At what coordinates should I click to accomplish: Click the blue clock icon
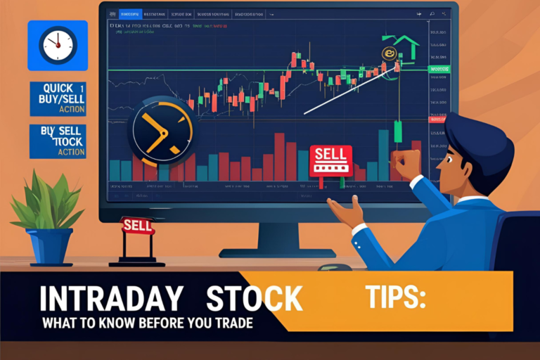coord(58,45)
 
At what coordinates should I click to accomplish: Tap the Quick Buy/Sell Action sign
coord(58,98)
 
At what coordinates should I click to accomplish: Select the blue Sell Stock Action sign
coord(58,141)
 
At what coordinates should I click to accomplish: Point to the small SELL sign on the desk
coord(136,225)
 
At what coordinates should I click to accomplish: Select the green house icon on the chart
coord(404,48)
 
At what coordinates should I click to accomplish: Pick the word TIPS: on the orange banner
coord(395,298)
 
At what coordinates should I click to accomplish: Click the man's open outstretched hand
coord(345,209)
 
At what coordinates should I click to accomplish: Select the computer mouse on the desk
coord(335,267)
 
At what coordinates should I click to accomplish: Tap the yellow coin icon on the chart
coord(387,53)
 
